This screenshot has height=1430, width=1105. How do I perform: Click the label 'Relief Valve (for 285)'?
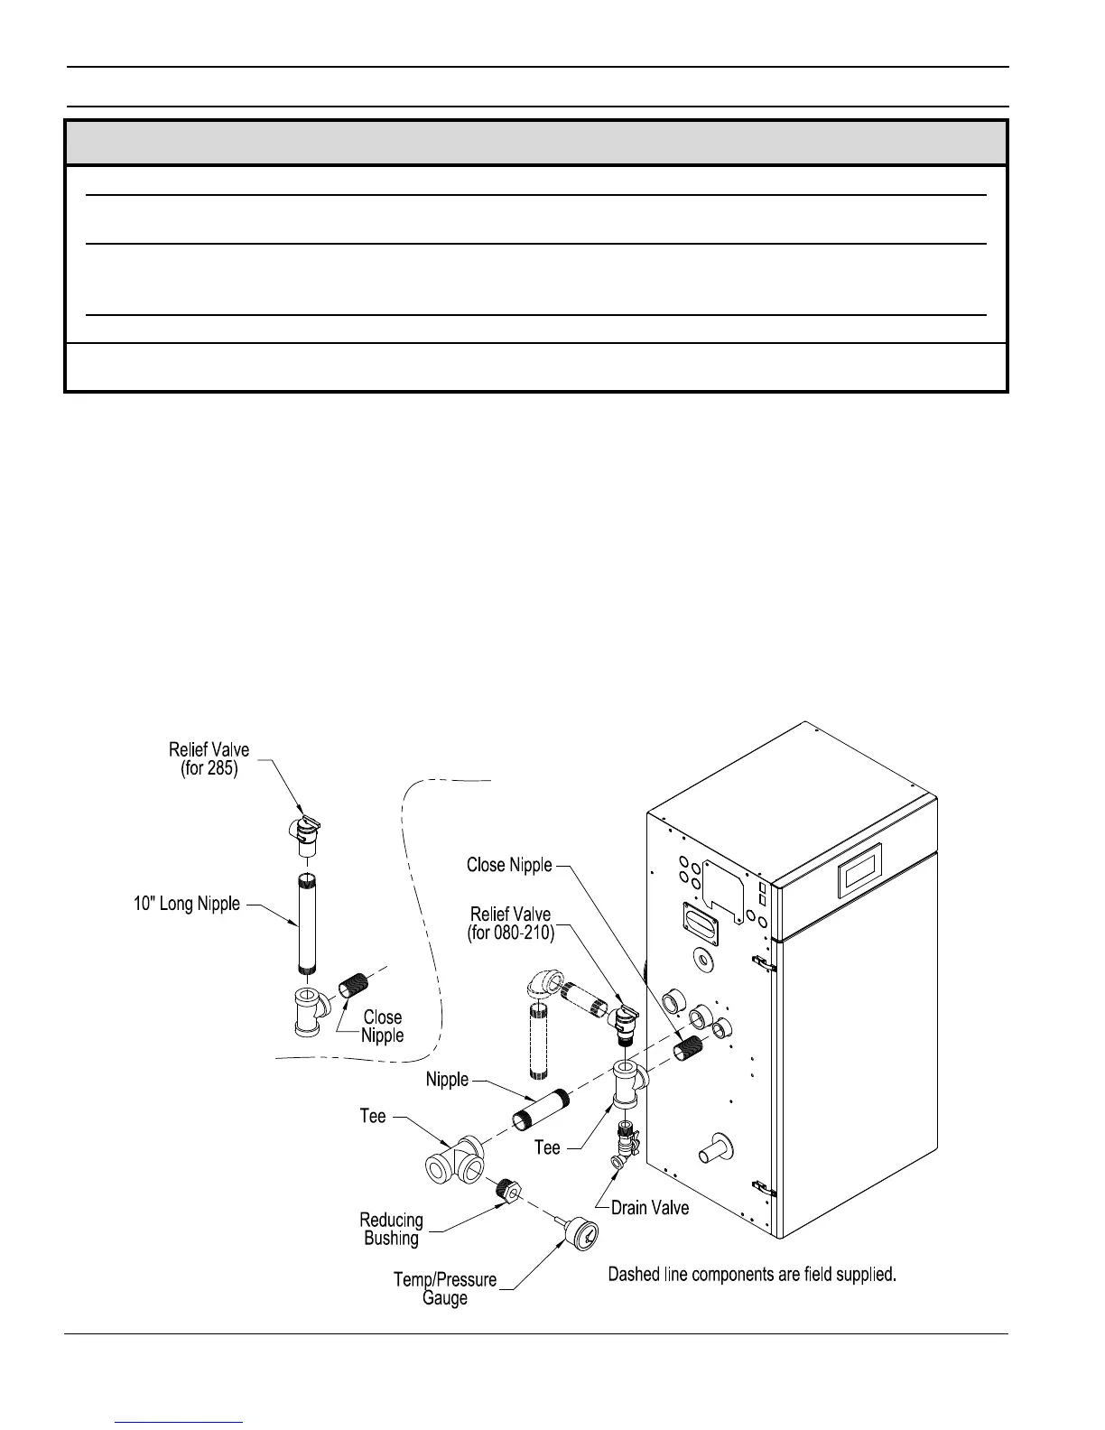(209, 759)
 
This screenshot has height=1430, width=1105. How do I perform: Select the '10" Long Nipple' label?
(187, 904)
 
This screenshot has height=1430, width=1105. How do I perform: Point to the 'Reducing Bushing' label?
(391, 1229)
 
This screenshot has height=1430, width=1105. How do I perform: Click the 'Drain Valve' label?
(649, 1207)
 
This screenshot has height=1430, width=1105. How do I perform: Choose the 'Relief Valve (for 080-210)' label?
(510, 924)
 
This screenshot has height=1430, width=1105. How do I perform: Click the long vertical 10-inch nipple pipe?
(308, 922)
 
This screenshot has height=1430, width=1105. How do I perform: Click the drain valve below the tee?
(626, 1142)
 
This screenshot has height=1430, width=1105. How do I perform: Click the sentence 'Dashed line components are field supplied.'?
(751, 1275)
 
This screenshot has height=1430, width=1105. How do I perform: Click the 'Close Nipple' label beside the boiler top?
(508, 865)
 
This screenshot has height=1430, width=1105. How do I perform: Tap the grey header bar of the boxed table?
(535, 143)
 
